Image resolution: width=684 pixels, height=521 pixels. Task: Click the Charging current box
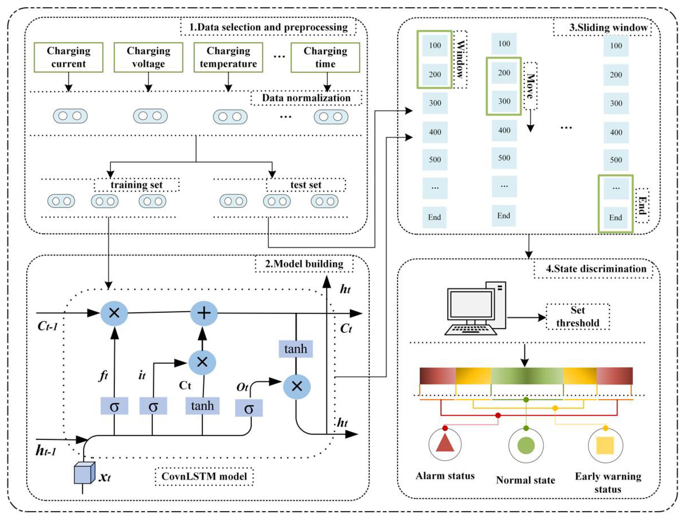pyautogui.click(x=68, y=57)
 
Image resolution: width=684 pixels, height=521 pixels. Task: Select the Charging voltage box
pyautogui.click(x=148, y=57)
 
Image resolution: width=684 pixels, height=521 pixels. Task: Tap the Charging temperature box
pyautogui.click(x=228, y=57)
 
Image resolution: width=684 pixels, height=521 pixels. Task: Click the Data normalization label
pyautogui.click(x=306, y=98)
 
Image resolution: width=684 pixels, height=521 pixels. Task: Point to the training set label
pyautogui.click(x=137, y=185)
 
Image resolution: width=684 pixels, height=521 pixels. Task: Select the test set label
pyautogui.click(x=306, y=185)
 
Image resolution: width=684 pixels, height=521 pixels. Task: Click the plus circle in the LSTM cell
pyautogui.click(x=204, y=313)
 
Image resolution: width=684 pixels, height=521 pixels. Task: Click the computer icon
pyautogui.click(x=475, y=308)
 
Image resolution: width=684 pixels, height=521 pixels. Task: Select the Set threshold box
pyautogui.click(x=577, y=317)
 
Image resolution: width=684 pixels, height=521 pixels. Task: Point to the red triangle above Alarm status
pyautogui.click(x=445, y=443)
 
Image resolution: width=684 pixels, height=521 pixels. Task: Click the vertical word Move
pyautogui.click(x=530, y=86)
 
